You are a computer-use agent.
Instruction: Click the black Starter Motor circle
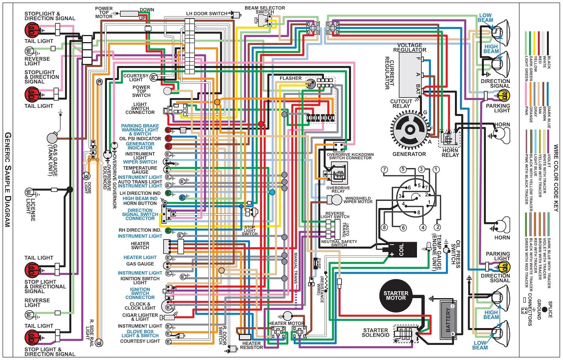click(396, 295)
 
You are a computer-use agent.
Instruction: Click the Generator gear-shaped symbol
click(409, 130)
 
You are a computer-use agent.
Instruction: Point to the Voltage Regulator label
click(409, 47)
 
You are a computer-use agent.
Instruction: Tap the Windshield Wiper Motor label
click(358, 200)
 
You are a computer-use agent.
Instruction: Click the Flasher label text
click(291, 78)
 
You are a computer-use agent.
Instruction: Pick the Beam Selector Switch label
click(265, 10)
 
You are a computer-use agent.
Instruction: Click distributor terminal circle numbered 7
click(384, 170)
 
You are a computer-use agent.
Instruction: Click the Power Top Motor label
click(104, 12)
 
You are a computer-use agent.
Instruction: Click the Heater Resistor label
click(251, 345)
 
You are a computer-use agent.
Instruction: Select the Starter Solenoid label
click(375, 333)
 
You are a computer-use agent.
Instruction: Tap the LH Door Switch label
click(206, 14)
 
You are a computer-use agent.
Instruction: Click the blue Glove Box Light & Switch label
click(140, 334)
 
